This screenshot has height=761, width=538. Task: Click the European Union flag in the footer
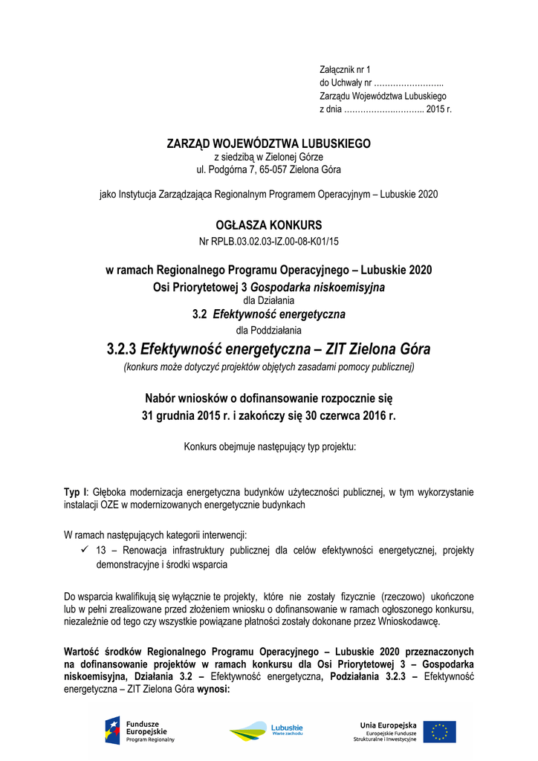pos(440,732)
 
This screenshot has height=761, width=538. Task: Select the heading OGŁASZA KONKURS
pos(268,224)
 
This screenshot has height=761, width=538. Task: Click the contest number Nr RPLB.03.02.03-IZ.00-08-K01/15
pos(268,242)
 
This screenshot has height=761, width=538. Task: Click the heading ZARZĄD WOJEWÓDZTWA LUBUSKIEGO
pos(268,143)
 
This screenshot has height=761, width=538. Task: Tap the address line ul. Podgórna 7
pos(268,169)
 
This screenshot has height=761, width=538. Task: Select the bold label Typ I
pos(74,492)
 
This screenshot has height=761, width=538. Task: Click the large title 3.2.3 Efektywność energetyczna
pos(268,349)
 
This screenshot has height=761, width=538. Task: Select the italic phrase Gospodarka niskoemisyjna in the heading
pos(317,286)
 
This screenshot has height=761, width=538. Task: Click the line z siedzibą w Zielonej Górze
pos(268,157)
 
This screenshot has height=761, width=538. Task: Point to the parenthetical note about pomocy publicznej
pos(268,367)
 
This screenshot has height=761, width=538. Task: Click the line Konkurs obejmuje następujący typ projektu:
pos(268,447)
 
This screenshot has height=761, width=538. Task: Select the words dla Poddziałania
pos(268,330)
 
